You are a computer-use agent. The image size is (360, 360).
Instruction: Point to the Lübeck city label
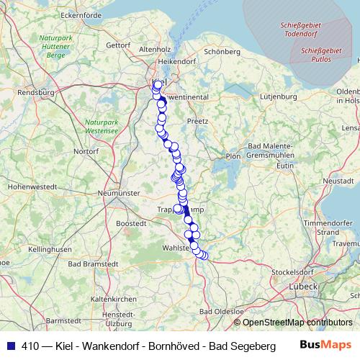click(x=305, y=287)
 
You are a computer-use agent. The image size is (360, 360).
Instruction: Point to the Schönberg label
click(x=222, y=52)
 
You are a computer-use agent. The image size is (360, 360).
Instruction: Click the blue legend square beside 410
click(x=9, y=345)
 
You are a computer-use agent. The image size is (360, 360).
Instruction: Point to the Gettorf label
click(x=117, y=45)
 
